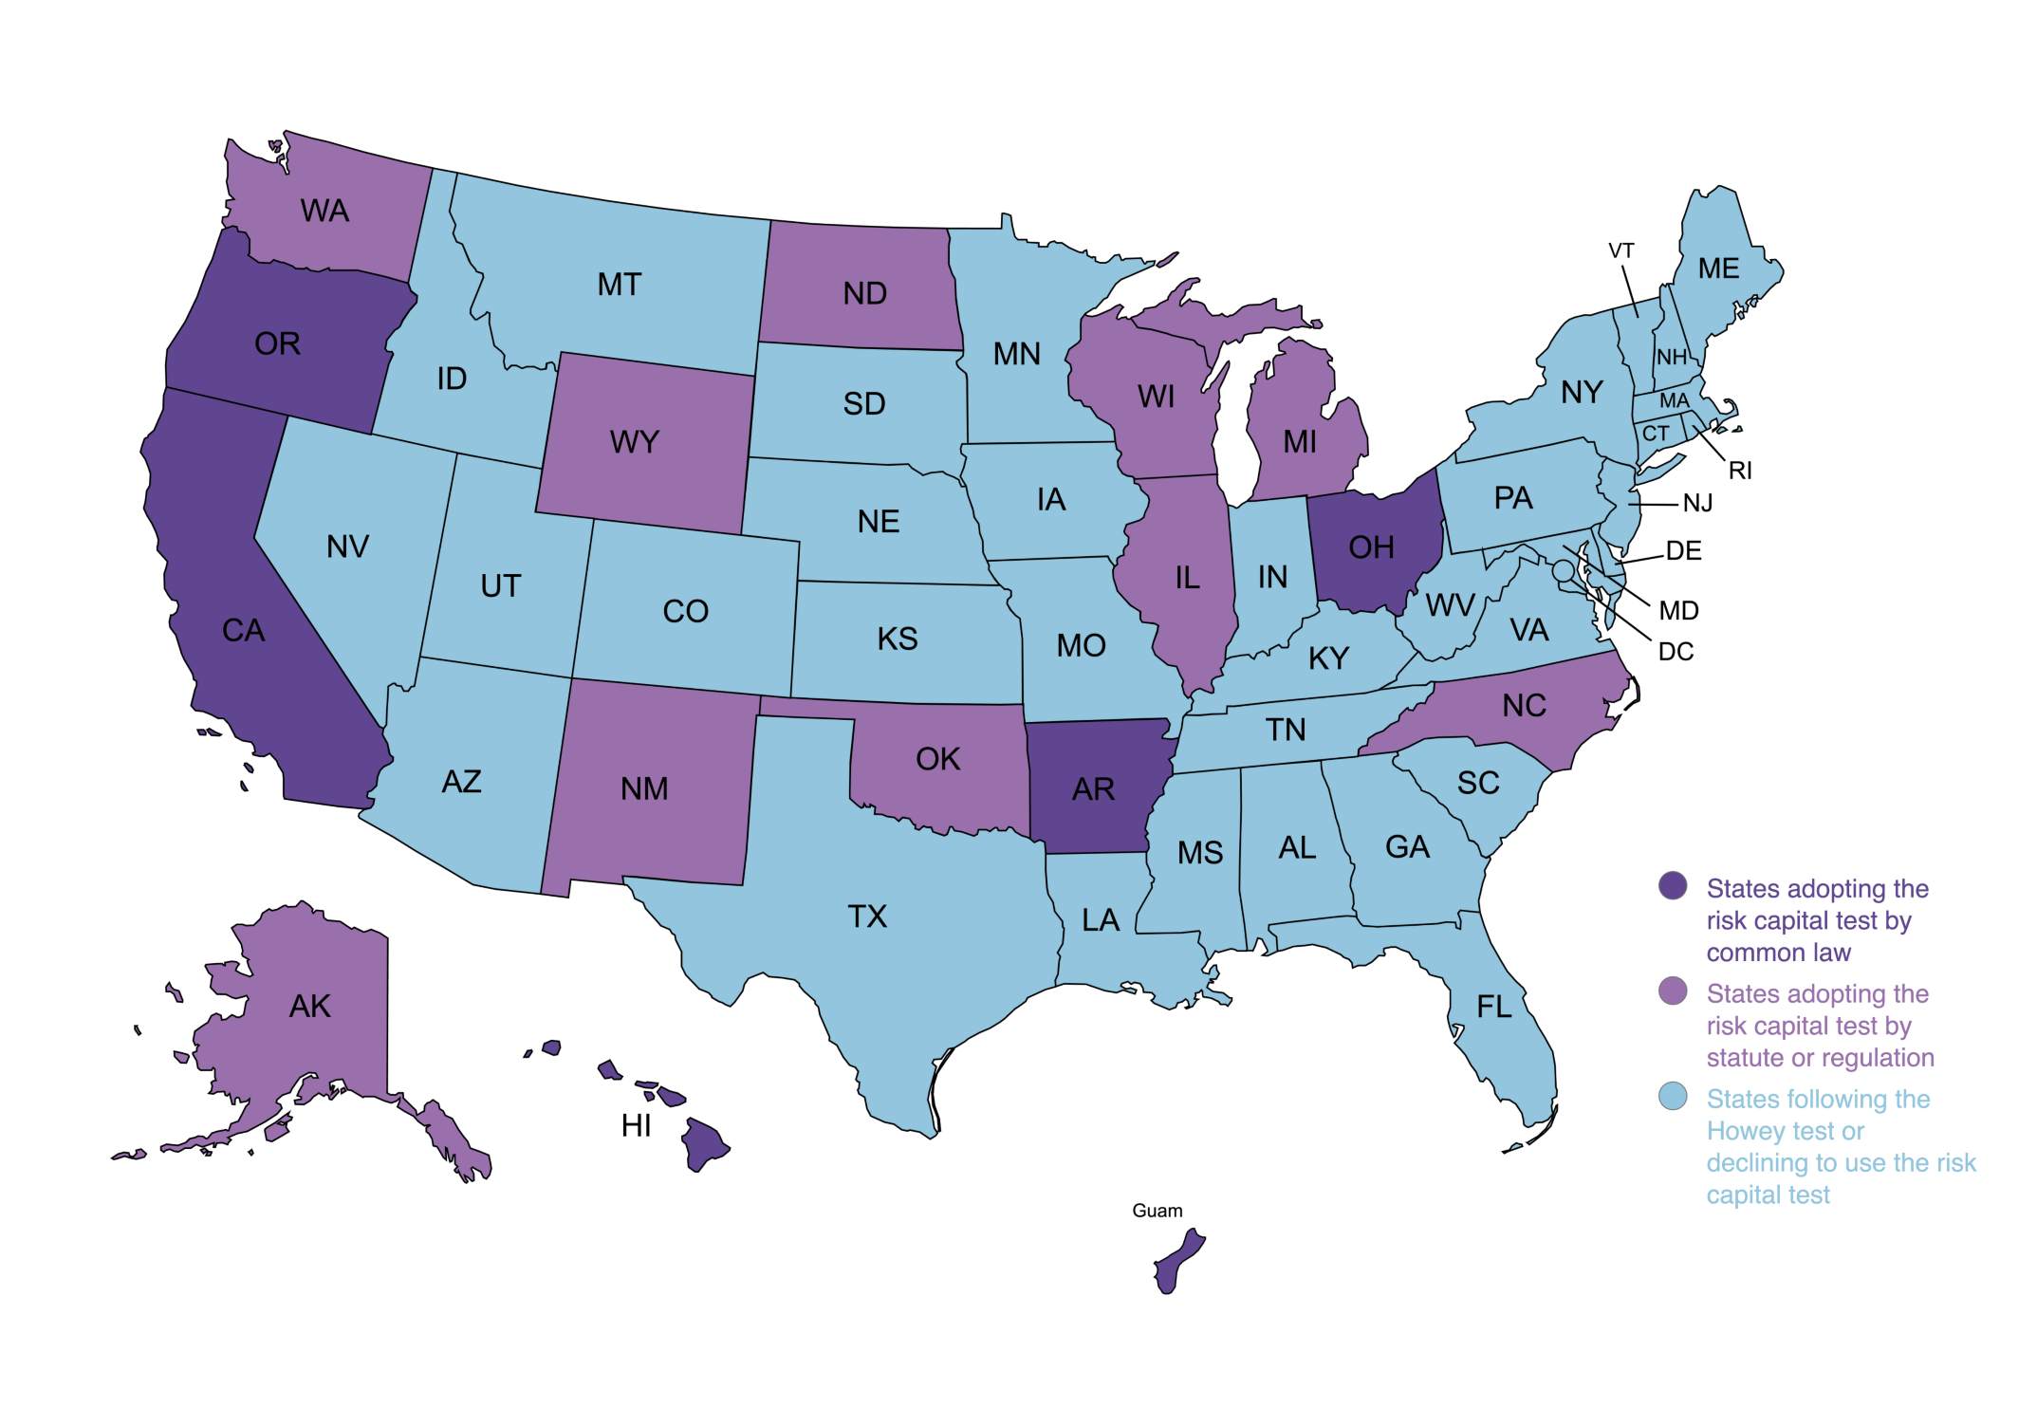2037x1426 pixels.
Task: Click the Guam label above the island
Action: [x=1157, y=1211]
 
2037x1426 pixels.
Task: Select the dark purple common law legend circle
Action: [x=1673, y=886]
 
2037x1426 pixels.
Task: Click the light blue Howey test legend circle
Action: [x=1673, y=1097]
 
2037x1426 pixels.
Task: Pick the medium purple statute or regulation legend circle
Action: [x=1673, y=991]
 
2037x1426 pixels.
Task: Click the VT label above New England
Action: [x=1621, y=250]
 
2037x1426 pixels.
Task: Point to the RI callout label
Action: [x=1740, y=471]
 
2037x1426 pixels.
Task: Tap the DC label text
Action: [x=1676, y=652]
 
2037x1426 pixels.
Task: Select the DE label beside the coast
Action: [x=1683, y=551]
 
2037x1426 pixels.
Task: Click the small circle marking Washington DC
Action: [x=1562, y=571]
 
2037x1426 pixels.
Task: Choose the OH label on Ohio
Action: [x=1371, y=547]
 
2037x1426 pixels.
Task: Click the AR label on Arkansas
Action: [x=1093, y=789]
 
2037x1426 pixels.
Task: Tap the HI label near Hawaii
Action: [x=636, y=1126]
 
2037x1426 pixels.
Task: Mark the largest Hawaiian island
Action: [x=705, y=1143]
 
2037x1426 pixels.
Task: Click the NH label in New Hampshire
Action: [x=1672, y=358]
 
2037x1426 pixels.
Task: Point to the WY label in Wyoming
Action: [x=634, y=442]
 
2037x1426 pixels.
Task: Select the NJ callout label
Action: [x=1697, y=504]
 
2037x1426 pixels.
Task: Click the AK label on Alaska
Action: [x=310, y=1007]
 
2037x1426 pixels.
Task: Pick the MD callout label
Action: [x=1678, y=611]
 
